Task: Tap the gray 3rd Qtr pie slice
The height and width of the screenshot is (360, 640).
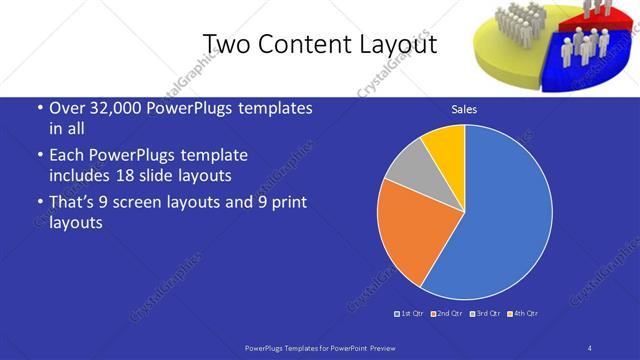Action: (x=408, y=165)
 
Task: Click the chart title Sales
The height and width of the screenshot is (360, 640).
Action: (x=464, y=109)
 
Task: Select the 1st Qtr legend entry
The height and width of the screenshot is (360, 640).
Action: (x=410, y=314)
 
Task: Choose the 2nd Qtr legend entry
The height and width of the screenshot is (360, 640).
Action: (x=447, y=314)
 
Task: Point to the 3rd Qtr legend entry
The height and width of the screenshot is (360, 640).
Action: (x=485, y=314)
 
